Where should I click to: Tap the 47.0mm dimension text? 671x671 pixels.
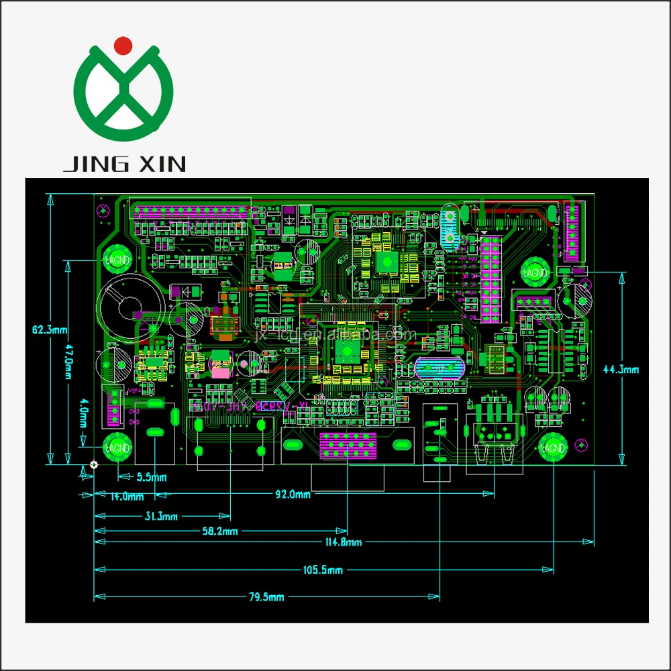66,362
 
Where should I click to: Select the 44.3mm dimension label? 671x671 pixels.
621,369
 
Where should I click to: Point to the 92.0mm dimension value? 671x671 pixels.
294,495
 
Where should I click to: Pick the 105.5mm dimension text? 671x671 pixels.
323,570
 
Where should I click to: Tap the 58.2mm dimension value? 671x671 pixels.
221,531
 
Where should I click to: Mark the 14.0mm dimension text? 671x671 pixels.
127,497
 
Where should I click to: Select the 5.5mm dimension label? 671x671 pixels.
152,477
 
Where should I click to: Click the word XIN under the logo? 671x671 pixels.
160,163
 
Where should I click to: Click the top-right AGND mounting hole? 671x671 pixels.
535,273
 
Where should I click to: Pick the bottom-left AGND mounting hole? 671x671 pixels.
117,446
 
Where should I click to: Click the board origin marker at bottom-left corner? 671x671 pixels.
94,464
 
